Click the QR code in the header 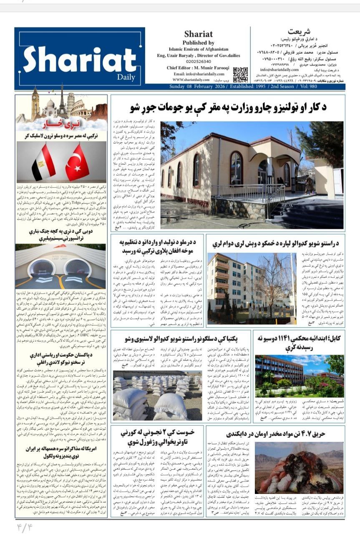point(240,74)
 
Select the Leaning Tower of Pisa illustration point(70,104)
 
